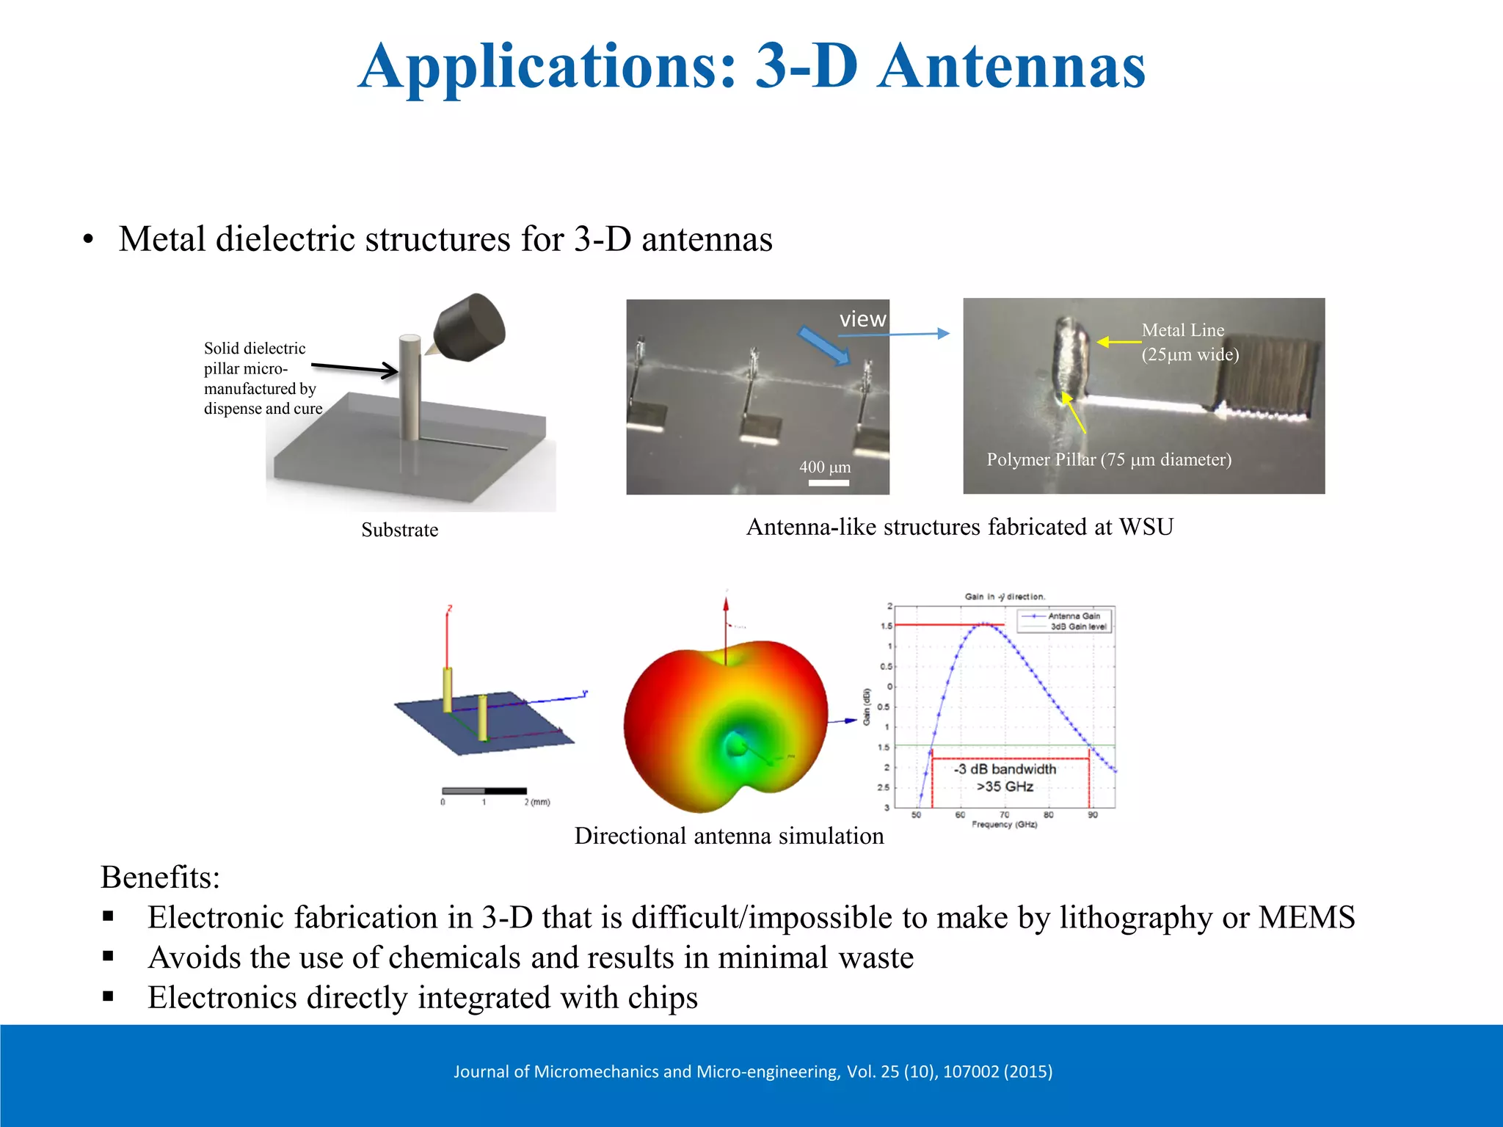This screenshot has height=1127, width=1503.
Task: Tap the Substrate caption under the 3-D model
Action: (x=399, y=530)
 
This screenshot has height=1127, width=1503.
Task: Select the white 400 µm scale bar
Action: (x=829, y=483)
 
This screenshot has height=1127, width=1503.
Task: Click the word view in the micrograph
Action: (x=862, y=319)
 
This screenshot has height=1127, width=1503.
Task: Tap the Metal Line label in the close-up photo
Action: (x=1182, y=330)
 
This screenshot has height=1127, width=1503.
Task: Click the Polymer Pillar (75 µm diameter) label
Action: (x=1108, y=459)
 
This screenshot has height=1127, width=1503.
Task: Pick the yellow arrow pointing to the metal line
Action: (x=1118, y=342)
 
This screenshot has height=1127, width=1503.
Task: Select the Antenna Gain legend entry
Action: (x=1073, y=616)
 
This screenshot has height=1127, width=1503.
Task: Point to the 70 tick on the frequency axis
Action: (x=1004, y=814)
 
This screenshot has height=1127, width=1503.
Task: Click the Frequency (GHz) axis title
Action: (x=1004, y=825)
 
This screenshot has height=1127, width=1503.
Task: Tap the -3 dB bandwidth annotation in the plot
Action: (x=1005, y=769)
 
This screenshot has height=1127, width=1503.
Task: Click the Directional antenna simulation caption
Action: (x=729, y=836)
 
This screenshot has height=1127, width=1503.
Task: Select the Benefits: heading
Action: (x=160, y=877)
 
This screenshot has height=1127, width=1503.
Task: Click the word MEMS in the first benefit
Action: (x=1306, y=917)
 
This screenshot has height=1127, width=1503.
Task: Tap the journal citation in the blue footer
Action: (x=752, y=1071)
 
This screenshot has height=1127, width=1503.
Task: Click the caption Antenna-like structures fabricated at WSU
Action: (x=959, y=527)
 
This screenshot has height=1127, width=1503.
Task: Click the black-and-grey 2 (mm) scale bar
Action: (x=484, y=791)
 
